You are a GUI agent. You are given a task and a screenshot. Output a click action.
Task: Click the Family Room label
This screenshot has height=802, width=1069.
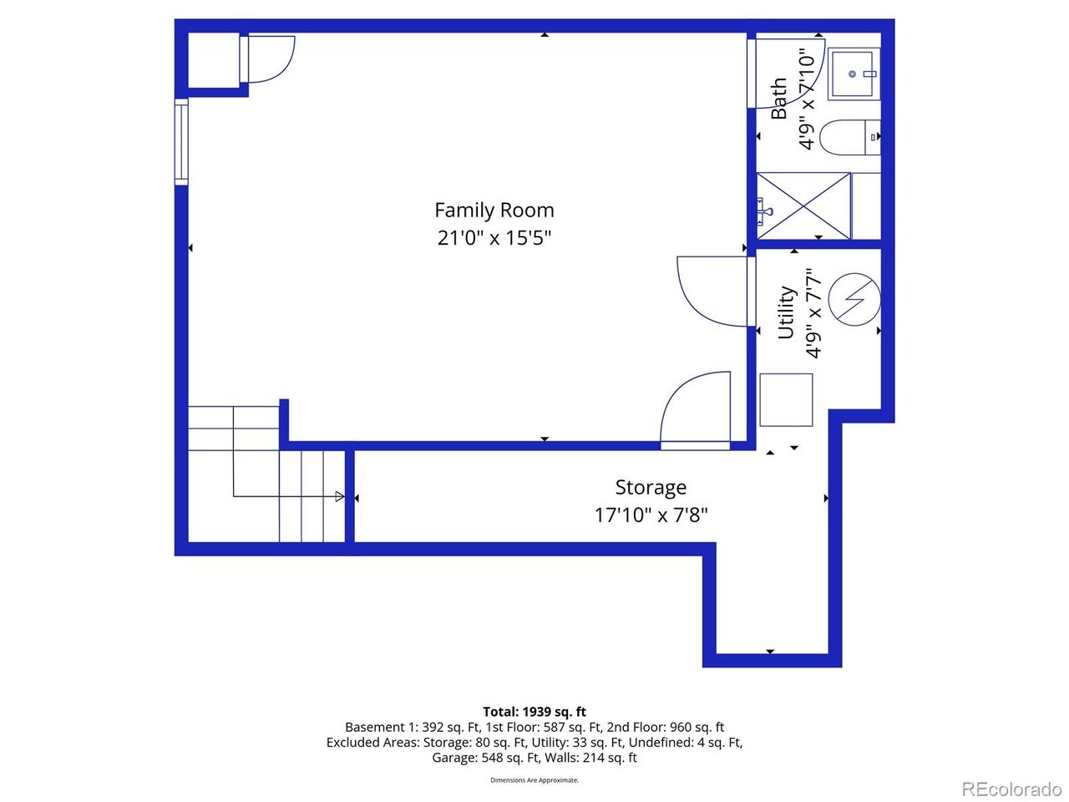tap(494, 211)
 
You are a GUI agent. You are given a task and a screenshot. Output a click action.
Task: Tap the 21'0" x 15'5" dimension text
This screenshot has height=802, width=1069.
tap(494, 238)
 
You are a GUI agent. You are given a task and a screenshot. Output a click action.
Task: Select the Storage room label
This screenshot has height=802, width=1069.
tap(651, 487)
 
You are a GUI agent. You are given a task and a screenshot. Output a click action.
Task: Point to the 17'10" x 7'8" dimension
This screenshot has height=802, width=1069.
tap(651, 515)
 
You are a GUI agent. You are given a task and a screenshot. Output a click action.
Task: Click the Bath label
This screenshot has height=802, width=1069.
tap(779, 99)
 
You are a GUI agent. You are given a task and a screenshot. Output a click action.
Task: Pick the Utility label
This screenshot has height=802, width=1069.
tap(786, 312)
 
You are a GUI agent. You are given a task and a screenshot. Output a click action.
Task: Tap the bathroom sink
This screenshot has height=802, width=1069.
tap(854, 74)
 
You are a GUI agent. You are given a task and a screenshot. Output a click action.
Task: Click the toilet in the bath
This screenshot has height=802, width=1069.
tap(849, 138)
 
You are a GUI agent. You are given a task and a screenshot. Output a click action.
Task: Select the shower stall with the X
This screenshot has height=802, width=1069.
tap(803, 206)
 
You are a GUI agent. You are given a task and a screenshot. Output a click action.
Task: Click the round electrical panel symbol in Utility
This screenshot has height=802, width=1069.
tap(854, 298)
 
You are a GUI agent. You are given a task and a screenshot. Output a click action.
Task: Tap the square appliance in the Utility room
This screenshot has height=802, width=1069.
tap(786, 399)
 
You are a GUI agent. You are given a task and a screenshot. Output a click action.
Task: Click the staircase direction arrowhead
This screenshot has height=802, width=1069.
tap(339, 497)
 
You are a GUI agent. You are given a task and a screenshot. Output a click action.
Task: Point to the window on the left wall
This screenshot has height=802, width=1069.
tap(181, 141)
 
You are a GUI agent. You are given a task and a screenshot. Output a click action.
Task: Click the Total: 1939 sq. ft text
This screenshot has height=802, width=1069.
tap(534, 712)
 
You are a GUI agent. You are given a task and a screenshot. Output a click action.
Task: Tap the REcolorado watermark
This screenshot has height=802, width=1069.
tap(1011, 789)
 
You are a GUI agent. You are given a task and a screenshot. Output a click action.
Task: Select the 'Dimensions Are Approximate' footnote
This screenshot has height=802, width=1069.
tap(534, 780)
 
